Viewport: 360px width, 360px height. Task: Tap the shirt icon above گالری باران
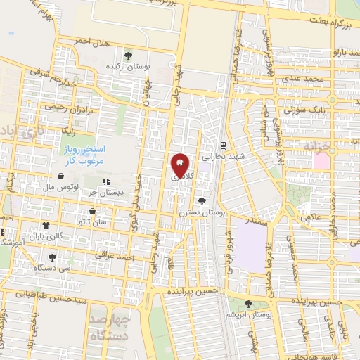click(x=47, y=226)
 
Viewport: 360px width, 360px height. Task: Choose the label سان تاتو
click(x=93, y=221)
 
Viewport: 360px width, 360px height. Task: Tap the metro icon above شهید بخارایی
click(x=223, y=146)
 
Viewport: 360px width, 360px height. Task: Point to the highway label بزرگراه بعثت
click(x=325, y=25)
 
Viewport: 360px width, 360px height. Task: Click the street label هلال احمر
click(x=93, y=44)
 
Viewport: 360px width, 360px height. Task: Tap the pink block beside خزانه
click(x=321, y=160)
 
